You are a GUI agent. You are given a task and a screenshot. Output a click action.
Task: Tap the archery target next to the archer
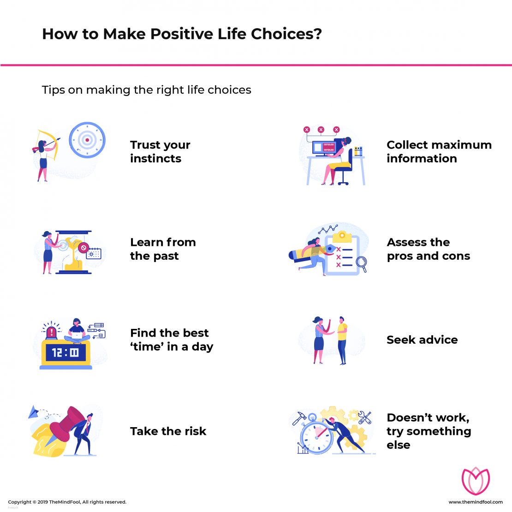click(87, 140)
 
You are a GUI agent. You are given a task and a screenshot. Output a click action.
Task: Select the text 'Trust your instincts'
click(160, 152)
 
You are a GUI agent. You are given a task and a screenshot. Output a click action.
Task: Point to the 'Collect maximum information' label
click(439, 152)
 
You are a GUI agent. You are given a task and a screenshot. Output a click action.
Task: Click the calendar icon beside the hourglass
click(94, 253)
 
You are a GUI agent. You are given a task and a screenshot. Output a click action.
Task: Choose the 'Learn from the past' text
click(162, 249)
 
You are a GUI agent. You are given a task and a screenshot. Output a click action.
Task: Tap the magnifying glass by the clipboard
click(361, 263)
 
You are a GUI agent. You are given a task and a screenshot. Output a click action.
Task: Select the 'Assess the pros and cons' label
click(428, 249)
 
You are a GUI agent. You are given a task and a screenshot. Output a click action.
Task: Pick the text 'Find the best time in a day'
click(171, 340)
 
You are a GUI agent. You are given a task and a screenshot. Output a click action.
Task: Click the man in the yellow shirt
click(341, 339)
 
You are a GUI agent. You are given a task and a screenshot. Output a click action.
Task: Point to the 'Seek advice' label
click(422, 340)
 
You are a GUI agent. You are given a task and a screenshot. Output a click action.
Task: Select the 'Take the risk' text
click(168, 431)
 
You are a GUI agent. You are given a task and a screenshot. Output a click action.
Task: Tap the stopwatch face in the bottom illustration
click(316, 436)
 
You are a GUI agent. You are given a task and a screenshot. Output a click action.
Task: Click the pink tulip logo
click(476, 481)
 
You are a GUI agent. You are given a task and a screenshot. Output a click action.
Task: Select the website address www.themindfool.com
click(476, 502)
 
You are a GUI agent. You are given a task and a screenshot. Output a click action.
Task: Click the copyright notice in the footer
click(67, 502)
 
